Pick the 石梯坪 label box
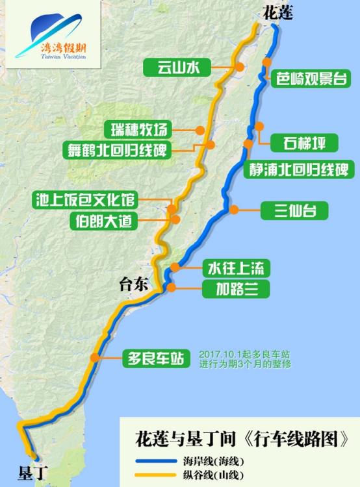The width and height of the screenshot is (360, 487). click(305, 142)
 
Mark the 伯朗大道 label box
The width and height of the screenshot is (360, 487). click(105, 221)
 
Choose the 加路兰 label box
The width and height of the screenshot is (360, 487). click(235, 288)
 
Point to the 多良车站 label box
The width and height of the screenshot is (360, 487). click(156, 357)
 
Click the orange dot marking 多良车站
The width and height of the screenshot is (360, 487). click(96, 357)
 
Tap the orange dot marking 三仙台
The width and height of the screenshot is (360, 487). click(233, 210)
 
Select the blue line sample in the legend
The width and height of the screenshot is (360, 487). click(154, 462)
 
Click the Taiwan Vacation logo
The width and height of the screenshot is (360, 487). click(53, 38)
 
